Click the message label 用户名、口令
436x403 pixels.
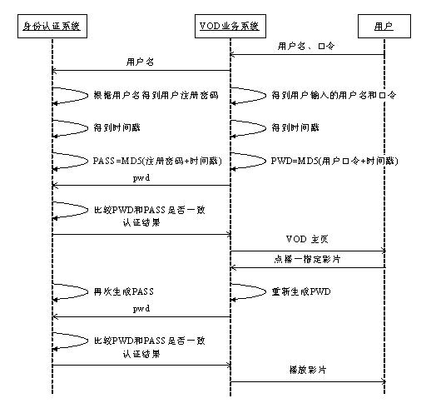(306, 46)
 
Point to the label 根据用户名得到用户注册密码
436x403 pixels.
(156, 95)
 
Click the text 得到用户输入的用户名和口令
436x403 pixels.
(334, 95)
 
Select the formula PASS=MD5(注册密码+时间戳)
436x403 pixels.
(157, 161)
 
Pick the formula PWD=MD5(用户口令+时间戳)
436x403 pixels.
(334, 161)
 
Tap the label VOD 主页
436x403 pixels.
(307, 239)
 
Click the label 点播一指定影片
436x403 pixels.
(307, 259)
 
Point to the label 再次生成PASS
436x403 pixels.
(124, 291)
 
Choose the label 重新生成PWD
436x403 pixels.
(301, 291)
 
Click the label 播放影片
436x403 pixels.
(307, 370)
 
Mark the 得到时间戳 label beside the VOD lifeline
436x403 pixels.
(295, 127)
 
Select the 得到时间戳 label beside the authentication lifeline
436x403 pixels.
(117, 127)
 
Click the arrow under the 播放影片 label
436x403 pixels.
(308, 382)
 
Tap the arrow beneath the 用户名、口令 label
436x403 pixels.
(307, 55)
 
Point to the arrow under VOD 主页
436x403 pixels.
(308, 251)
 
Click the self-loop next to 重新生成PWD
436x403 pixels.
(265, 291)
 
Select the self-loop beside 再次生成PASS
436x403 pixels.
(87, 291)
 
